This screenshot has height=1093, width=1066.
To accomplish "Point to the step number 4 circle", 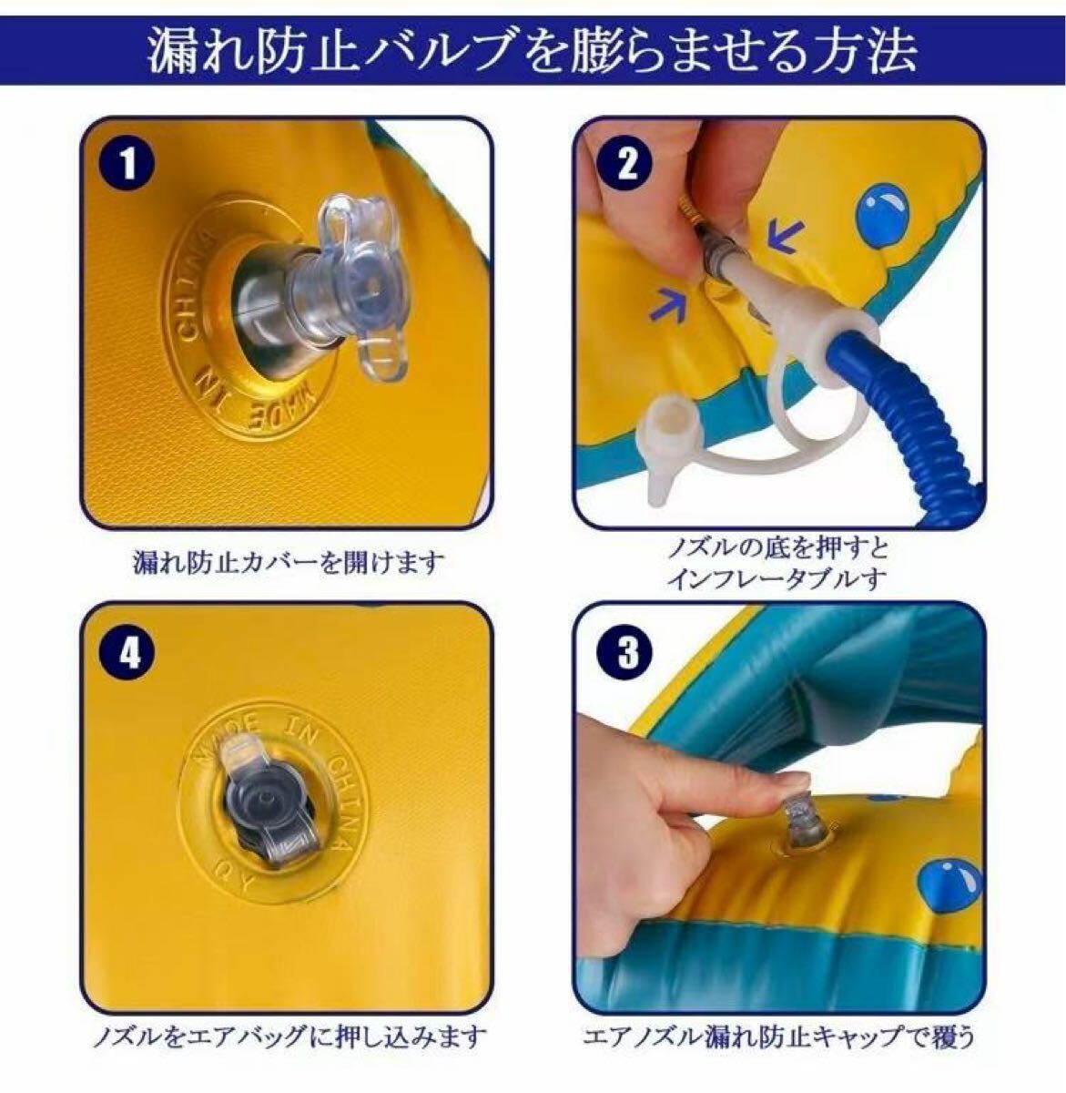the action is tap(128, 653).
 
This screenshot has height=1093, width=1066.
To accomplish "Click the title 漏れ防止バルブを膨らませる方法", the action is tap(533, 53).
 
